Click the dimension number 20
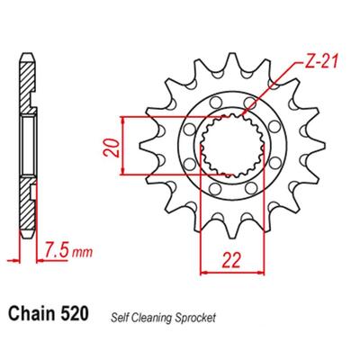point(112,148)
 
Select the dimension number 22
point(231,260)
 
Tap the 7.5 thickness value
point(56,251)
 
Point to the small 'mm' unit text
point(82,253)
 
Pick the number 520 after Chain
point(75,313)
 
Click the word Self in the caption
point(118,318)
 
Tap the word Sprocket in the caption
point(192,318)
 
